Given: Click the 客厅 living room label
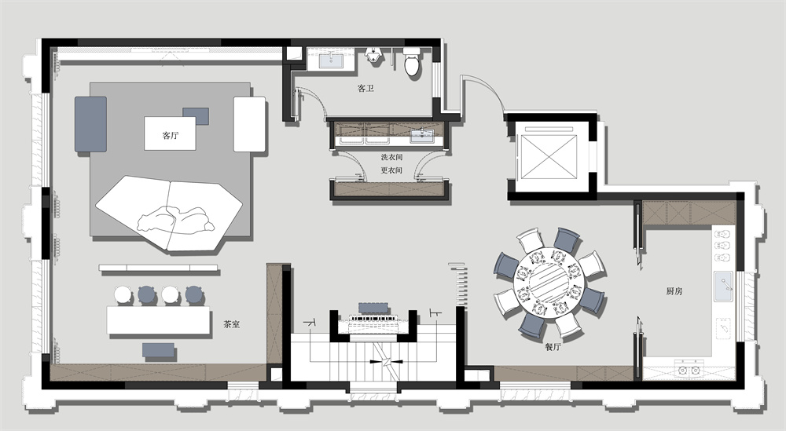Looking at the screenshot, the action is pos(171,135).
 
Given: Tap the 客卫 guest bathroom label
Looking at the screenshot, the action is pos(365,88).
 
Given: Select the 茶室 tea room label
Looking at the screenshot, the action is pos(232,324).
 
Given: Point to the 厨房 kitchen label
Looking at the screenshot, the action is pos(674,291).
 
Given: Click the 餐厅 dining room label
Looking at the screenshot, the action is pos(553,346).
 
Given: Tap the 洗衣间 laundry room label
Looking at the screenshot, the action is pos(391,157).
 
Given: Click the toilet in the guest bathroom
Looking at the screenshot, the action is pos(412,61).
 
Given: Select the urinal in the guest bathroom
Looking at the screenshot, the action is pos(373,56).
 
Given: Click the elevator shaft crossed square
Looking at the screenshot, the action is pos(549,156).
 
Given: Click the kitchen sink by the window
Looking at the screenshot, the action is pos(723,287).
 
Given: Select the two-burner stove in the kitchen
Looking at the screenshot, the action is pos(689,371).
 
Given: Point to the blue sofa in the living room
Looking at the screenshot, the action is pos(90,124).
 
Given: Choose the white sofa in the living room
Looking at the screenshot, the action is pos(249,124).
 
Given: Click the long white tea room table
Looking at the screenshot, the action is pos(159,320).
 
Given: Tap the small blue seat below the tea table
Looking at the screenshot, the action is pos(159,350).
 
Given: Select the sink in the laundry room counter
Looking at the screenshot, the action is pos(422,135).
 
